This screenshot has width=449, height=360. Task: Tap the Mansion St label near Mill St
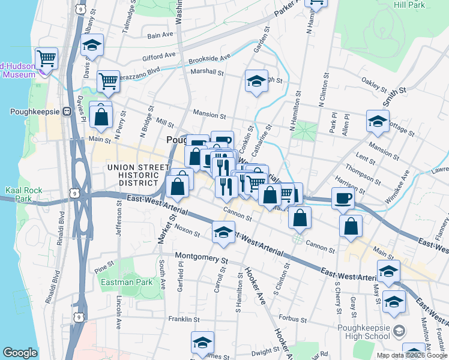pyautogui.click(x=209, y=113)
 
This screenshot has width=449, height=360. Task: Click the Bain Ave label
pyautogui.click(x=160, y=35)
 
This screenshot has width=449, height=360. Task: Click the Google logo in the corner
pyautogui.click(x=20, y=353)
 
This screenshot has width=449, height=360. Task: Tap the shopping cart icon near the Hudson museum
pyautogui.click(x=46, y=59)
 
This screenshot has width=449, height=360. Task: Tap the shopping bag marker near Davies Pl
pyautogui.click(x=101, y=116)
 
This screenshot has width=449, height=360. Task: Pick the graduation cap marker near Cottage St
pyautogui.click(x=378, y=121)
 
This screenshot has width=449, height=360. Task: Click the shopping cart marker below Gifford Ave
pyautogui.click(x=107, y=80)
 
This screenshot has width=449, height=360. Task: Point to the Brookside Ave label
pyautogui.click(x=209, y=58)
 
